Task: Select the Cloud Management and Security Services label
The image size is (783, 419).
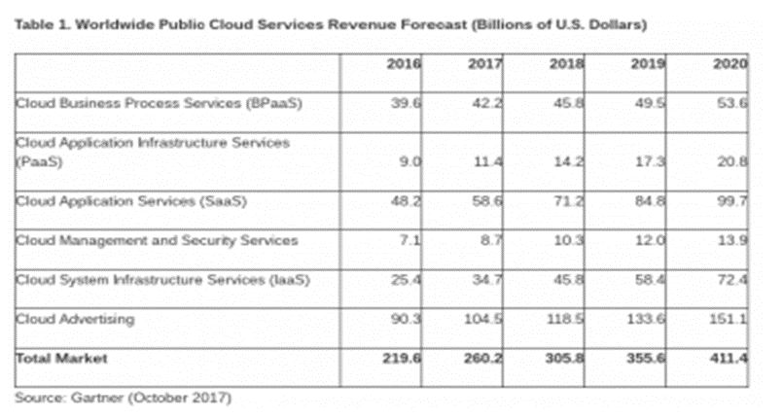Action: [x=156, y=240]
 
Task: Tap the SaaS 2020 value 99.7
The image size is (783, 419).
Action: [x=730, y=200]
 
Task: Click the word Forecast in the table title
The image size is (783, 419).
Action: [x=415, y=20]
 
